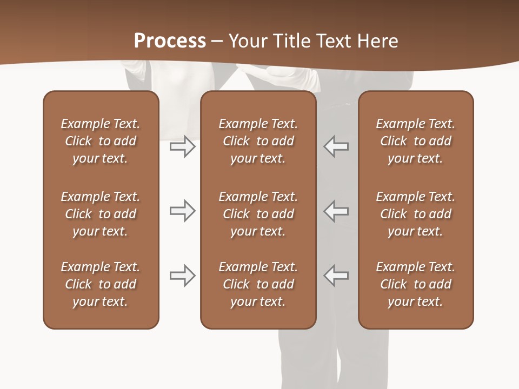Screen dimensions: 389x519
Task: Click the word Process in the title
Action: pos(170,41)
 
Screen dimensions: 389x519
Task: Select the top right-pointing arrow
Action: pos(182,146)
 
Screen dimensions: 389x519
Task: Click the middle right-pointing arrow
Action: pos(182,211)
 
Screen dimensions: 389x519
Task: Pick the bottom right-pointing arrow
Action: pos(182,276)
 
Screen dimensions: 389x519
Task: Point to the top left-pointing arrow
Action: pos(336,146)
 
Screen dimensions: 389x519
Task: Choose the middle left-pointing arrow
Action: pos(336,211)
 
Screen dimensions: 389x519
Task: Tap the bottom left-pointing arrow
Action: pos(336,276)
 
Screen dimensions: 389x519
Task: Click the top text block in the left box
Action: pos(101,141)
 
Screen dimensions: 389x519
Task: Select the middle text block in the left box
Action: pos(101,214)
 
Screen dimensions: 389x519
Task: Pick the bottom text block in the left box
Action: pos(101,284)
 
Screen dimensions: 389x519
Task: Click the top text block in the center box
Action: pos(258,141)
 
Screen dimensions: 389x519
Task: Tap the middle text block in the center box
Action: pos(258,214)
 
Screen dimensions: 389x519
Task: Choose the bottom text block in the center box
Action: pos(258,284)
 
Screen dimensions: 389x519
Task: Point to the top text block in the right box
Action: pos(415,141)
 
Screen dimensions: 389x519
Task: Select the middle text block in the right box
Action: pos(415,214)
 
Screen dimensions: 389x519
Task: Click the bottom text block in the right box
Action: pos(415,284)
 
